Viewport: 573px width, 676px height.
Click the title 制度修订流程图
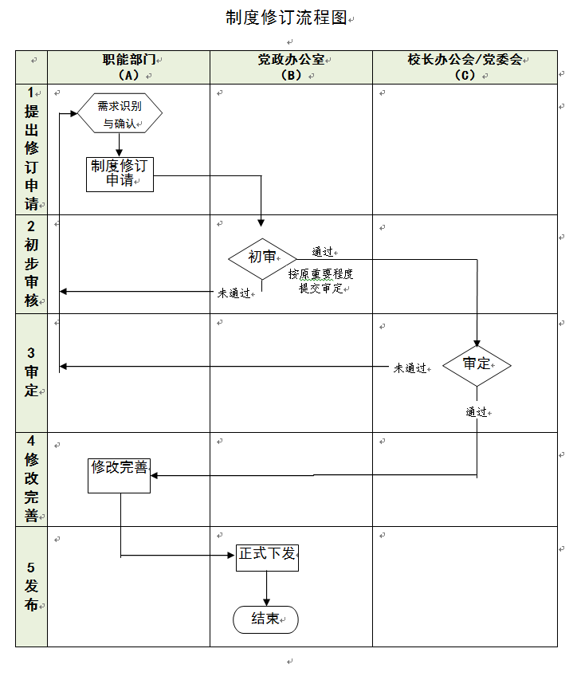286,18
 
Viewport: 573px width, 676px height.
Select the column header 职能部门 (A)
128,67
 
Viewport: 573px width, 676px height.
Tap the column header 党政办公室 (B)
291,67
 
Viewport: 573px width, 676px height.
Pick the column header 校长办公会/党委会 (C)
465,67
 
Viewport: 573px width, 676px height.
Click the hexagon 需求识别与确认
120,114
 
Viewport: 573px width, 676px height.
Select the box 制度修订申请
120,174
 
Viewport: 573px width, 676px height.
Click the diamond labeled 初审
262,257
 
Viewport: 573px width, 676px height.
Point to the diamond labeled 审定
477,364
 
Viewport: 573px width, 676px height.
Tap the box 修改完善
120,475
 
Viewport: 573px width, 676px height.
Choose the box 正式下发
267,555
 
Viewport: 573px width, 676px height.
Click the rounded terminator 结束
265,619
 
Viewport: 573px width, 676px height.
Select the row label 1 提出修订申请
31,149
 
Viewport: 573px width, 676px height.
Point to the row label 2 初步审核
31,263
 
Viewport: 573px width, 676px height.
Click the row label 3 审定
31,372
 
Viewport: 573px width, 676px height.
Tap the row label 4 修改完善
31,478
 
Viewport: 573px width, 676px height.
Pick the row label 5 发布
31,586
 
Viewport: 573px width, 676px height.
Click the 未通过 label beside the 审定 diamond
410,368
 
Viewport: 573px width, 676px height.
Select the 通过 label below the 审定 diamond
477,412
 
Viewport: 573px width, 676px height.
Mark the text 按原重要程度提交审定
320,281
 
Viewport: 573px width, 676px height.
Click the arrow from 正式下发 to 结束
266,588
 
